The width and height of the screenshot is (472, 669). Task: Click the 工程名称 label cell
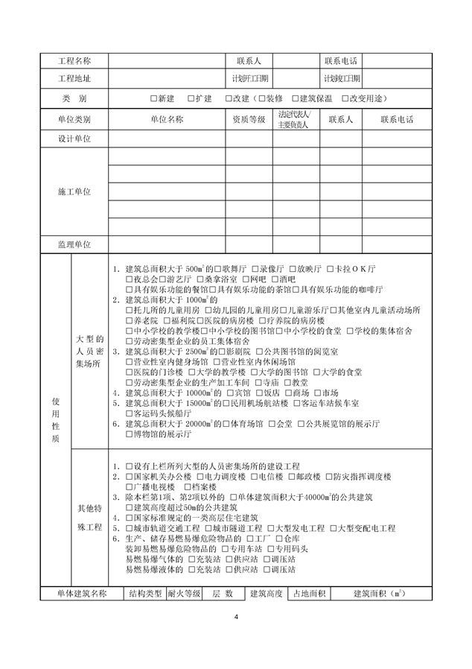74,60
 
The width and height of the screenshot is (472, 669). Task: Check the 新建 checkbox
153,98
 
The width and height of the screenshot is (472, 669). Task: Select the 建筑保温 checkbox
296,98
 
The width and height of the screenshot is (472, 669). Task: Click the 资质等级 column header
249,119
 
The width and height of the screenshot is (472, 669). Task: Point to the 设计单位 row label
74,139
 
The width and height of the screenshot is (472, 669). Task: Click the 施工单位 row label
74,191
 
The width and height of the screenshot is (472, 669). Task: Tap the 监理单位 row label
74,244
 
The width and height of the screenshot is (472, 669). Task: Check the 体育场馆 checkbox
224,423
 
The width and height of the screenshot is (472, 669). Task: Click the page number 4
236,617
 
